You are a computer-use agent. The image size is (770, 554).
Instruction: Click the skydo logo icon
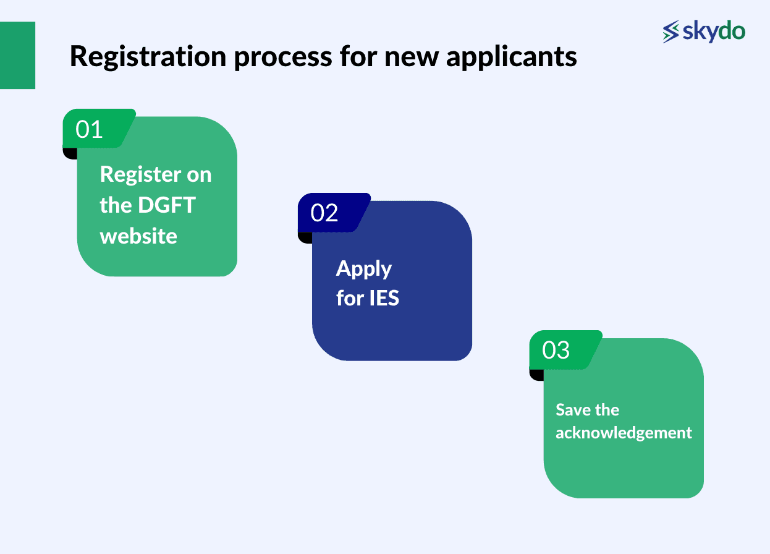click(671, 32)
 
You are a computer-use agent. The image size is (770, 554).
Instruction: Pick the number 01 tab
click(90, 129)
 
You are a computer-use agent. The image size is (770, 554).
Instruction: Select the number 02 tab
click(325, 213)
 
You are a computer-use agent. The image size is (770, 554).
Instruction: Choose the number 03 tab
click(556, 350)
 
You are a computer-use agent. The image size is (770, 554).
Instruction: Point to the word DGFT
click(166, 205)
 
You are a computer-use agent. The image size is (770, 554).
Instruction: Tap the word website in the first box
click(138, 236)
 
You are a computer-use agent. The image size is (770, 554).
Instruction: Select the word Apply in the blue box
click(364, 269)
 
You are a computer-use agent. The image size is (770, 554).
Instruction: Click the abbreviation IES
click(384, 299)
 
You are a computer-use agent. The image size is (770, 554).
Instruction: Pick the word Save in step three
click(570, 410)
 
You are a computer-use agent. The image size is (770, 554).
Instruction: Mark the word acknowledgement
click(624, 433)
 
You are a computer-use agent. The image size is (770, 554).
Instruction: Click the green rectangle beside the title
click(17, 55)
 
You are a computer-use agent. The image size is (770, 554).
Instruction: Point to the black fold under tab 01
click(70, 153)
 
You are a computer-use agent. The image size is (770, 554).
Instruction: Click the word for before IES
click(350, 299)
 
